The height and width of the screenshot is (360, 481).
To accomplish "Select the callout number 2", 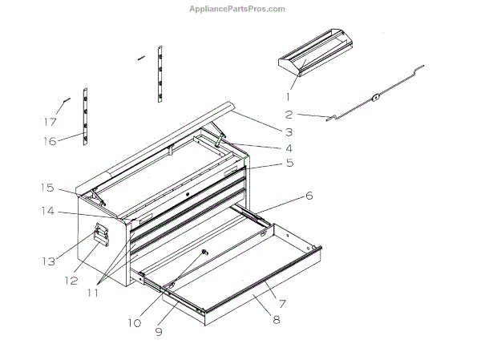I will pyautogui.click(x=289, y=115).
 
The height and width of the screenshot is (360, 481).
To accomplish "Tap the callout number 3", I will pyautogui.click(x=288, y=131).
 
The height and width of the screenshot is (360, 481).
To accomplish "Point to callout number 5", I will pyautogui.click(x=289, y=163).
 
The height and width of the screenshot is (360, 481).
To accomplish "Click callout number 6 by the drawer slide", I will pyautogui.click(x=309, y=196).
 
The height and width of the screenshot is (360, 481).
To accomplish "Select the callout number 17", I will pyautogui.click(x=51, y=123).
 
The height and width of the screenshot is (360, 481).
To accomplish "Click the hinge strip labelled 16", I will pyautogui.click(x=85, y=119).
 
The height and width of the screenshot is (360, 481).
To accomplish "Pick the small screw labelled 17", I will pyautogui.click(x=65, y=101).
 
